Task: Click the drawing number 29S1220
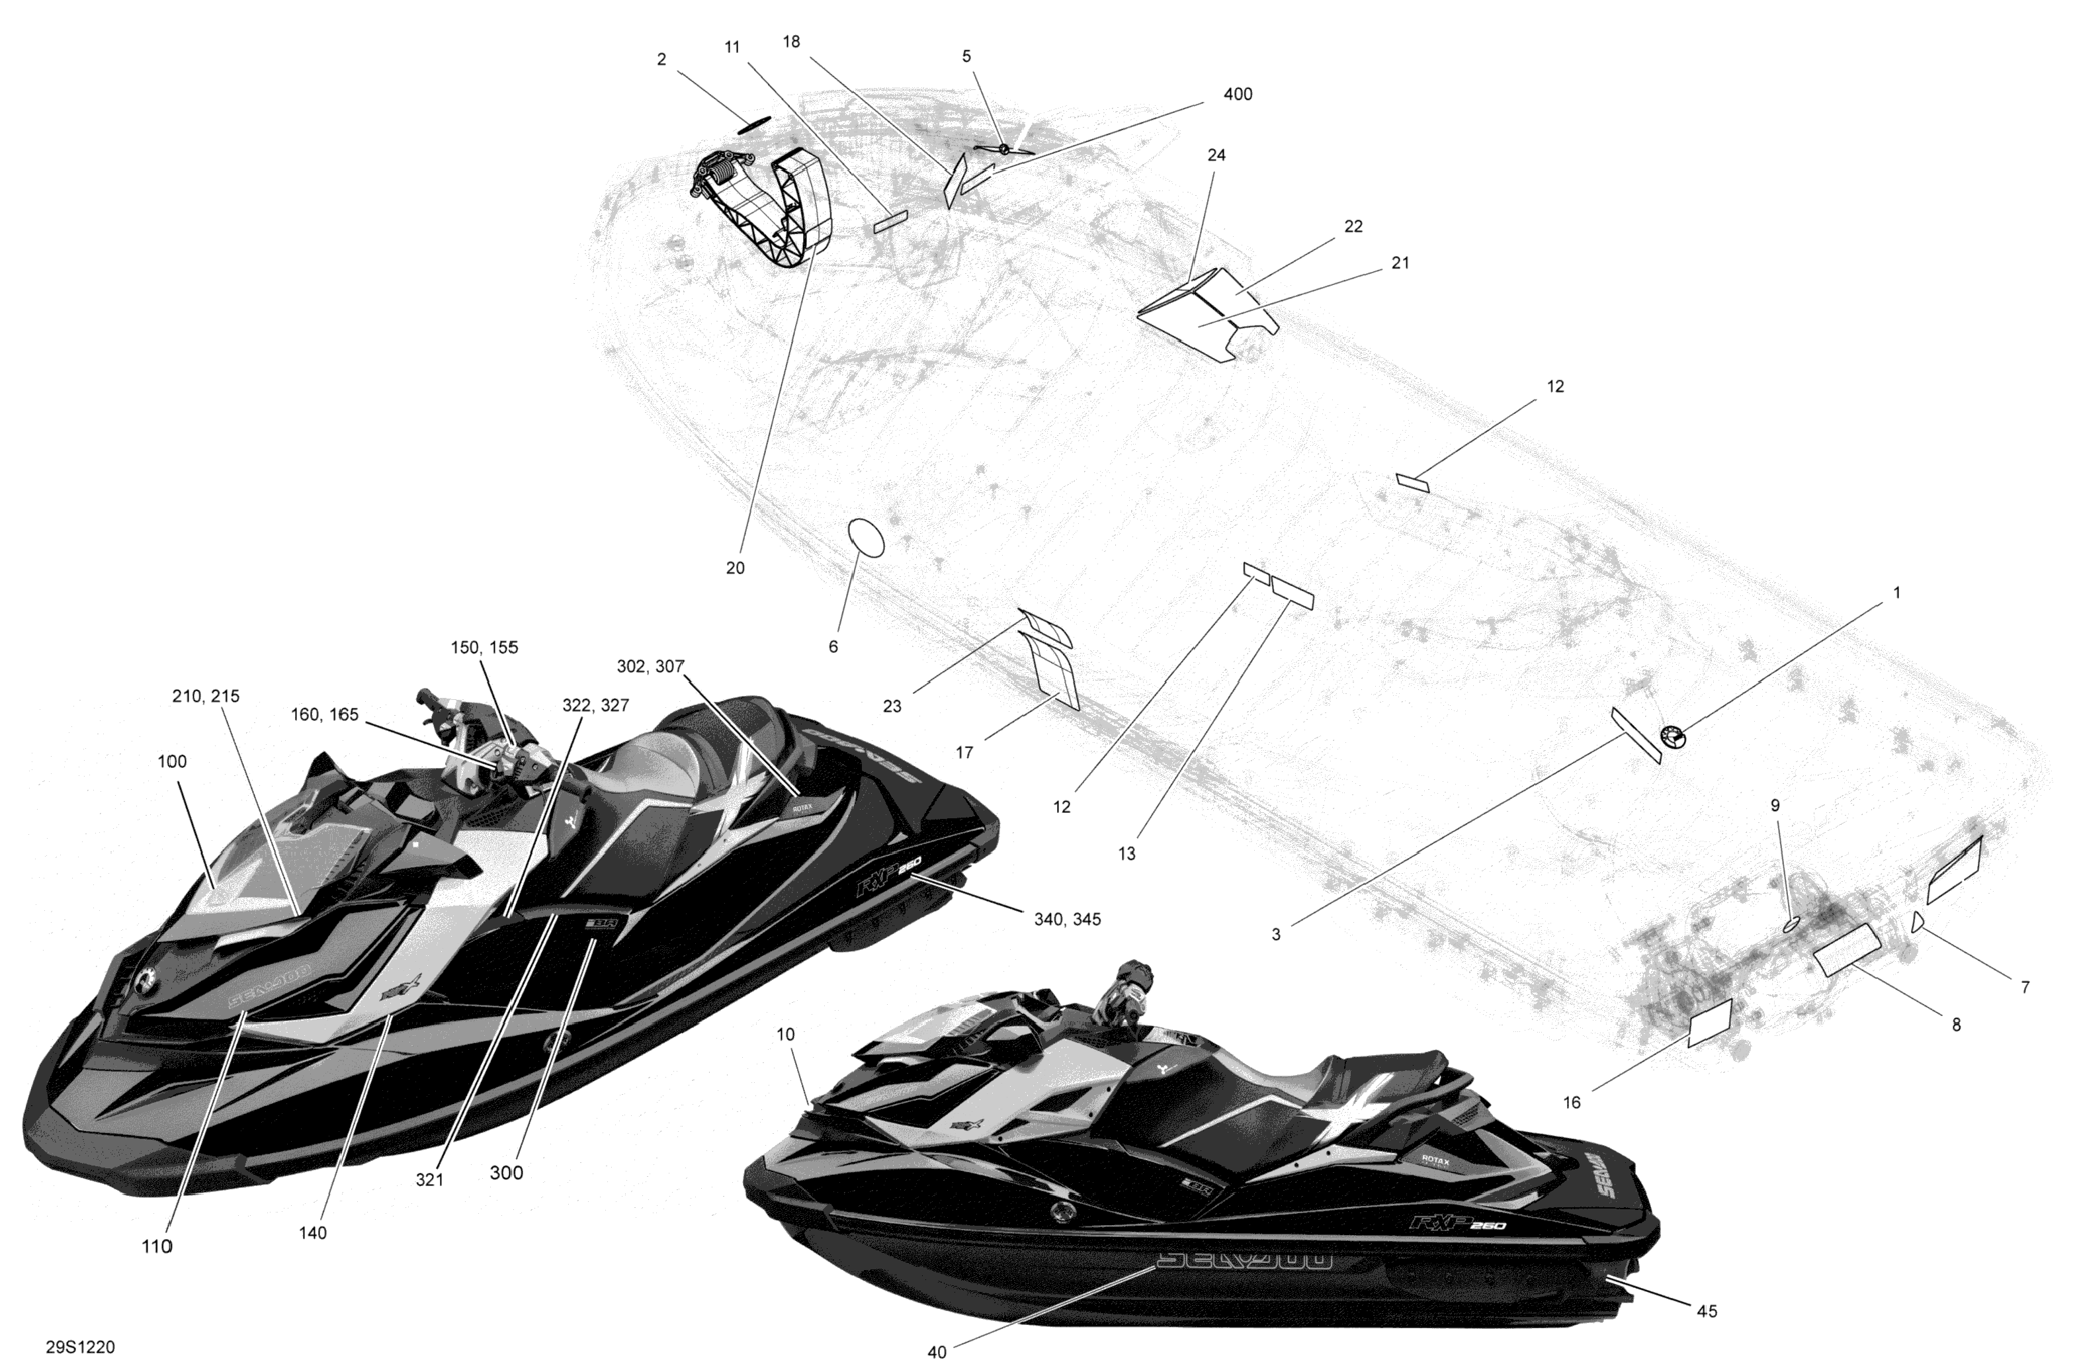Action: [x=80, y=1347]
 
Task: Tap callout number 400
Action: [x=1238, y=95]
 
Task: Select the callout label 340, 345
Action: [x=1066, y=919]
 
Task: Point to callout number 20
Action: [x=736, y=568]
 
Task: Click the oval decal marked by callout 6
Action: [x=866, y=537]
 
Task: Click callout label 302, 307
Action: [x=650, y=666]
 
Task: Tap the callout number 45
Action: [x=1706, y=1311]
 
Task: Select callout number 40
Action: [x=937, y=1352]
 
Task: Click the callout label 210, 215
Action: [x=206, y=696]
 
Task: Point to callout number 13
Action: [x=1127, y=853]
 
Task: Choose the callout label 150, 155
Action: [x=485, y=647]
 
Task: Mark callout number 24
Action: [x=1216, y=155]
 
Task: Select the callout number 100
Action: [x=172, y=761]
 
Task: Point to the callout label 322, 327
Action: [x=595, y=706]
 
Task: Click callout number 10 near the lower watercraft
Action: [x=785, y=1034]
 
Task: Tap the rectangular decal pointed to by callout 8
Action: [x=1847, y=949]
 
